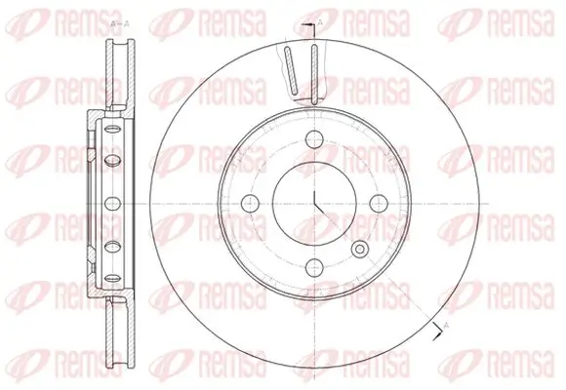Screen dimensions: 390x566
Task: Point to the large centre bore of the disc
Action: (x=315, y=202)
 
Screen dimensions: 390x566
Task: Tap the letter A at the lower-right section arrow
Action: (x=446, y=323)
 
